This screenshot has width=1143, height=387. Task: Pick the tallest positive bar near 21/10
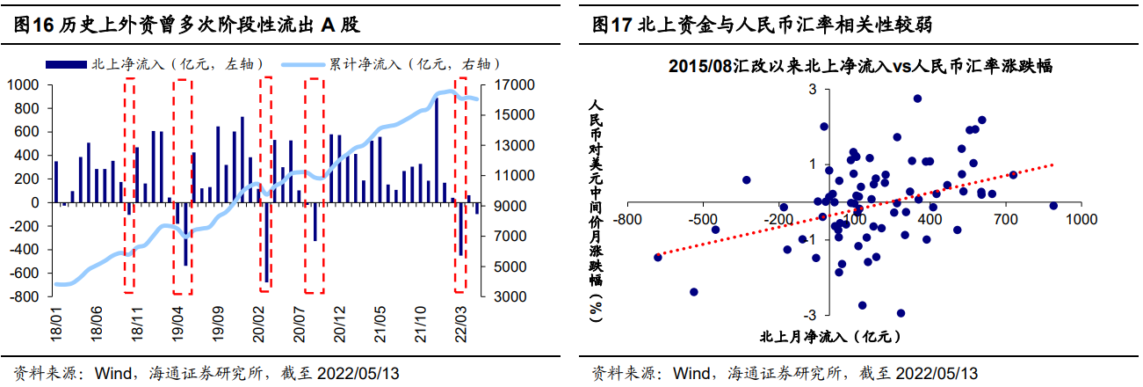(437, 150)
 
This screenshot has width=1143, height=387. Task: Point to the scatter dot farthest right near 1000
(1053, 206)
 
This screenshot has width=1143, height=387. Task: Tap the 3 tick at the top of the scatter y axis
(813, 90)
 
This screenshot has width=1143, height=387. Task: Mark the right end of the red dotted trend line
(1052, 164)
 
